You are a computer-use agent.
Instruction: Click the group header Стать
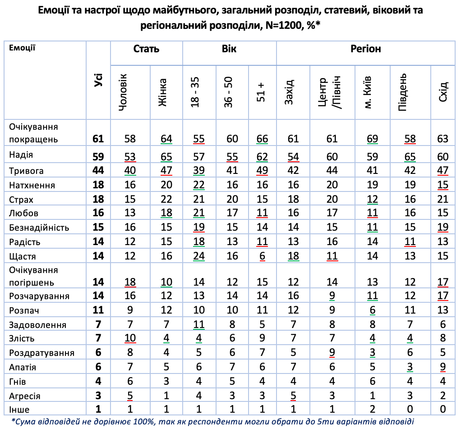[146, 49]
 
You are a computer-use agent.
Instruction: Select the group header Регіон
[365, 49]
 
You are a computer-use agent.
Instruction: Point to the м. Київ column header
[369, 92]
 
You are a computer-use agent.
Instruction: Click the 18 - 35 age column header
[195, 92]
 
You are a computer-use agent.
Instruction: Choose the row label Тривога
[27, 171]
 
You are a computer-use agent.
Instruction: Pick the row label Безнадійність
[39, 228]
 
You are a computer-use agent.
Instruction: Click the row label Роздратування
[41, 353]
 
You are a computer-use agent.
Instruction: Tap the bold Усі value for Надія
[98, 156]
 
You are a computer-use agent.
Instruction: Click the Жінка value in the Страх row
[166, 199]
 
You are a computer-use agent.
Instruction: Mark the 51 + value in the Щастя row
[262, 256]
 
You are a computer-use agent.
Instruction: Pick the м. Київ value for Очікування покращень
[372, 138]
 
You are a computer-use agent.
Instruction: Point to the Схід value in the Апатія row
[443, 367]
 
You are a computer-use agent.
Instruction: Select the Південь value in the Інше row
[410, 410]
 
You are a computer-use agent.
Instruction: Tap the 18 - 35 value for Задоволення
[198, 325]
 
